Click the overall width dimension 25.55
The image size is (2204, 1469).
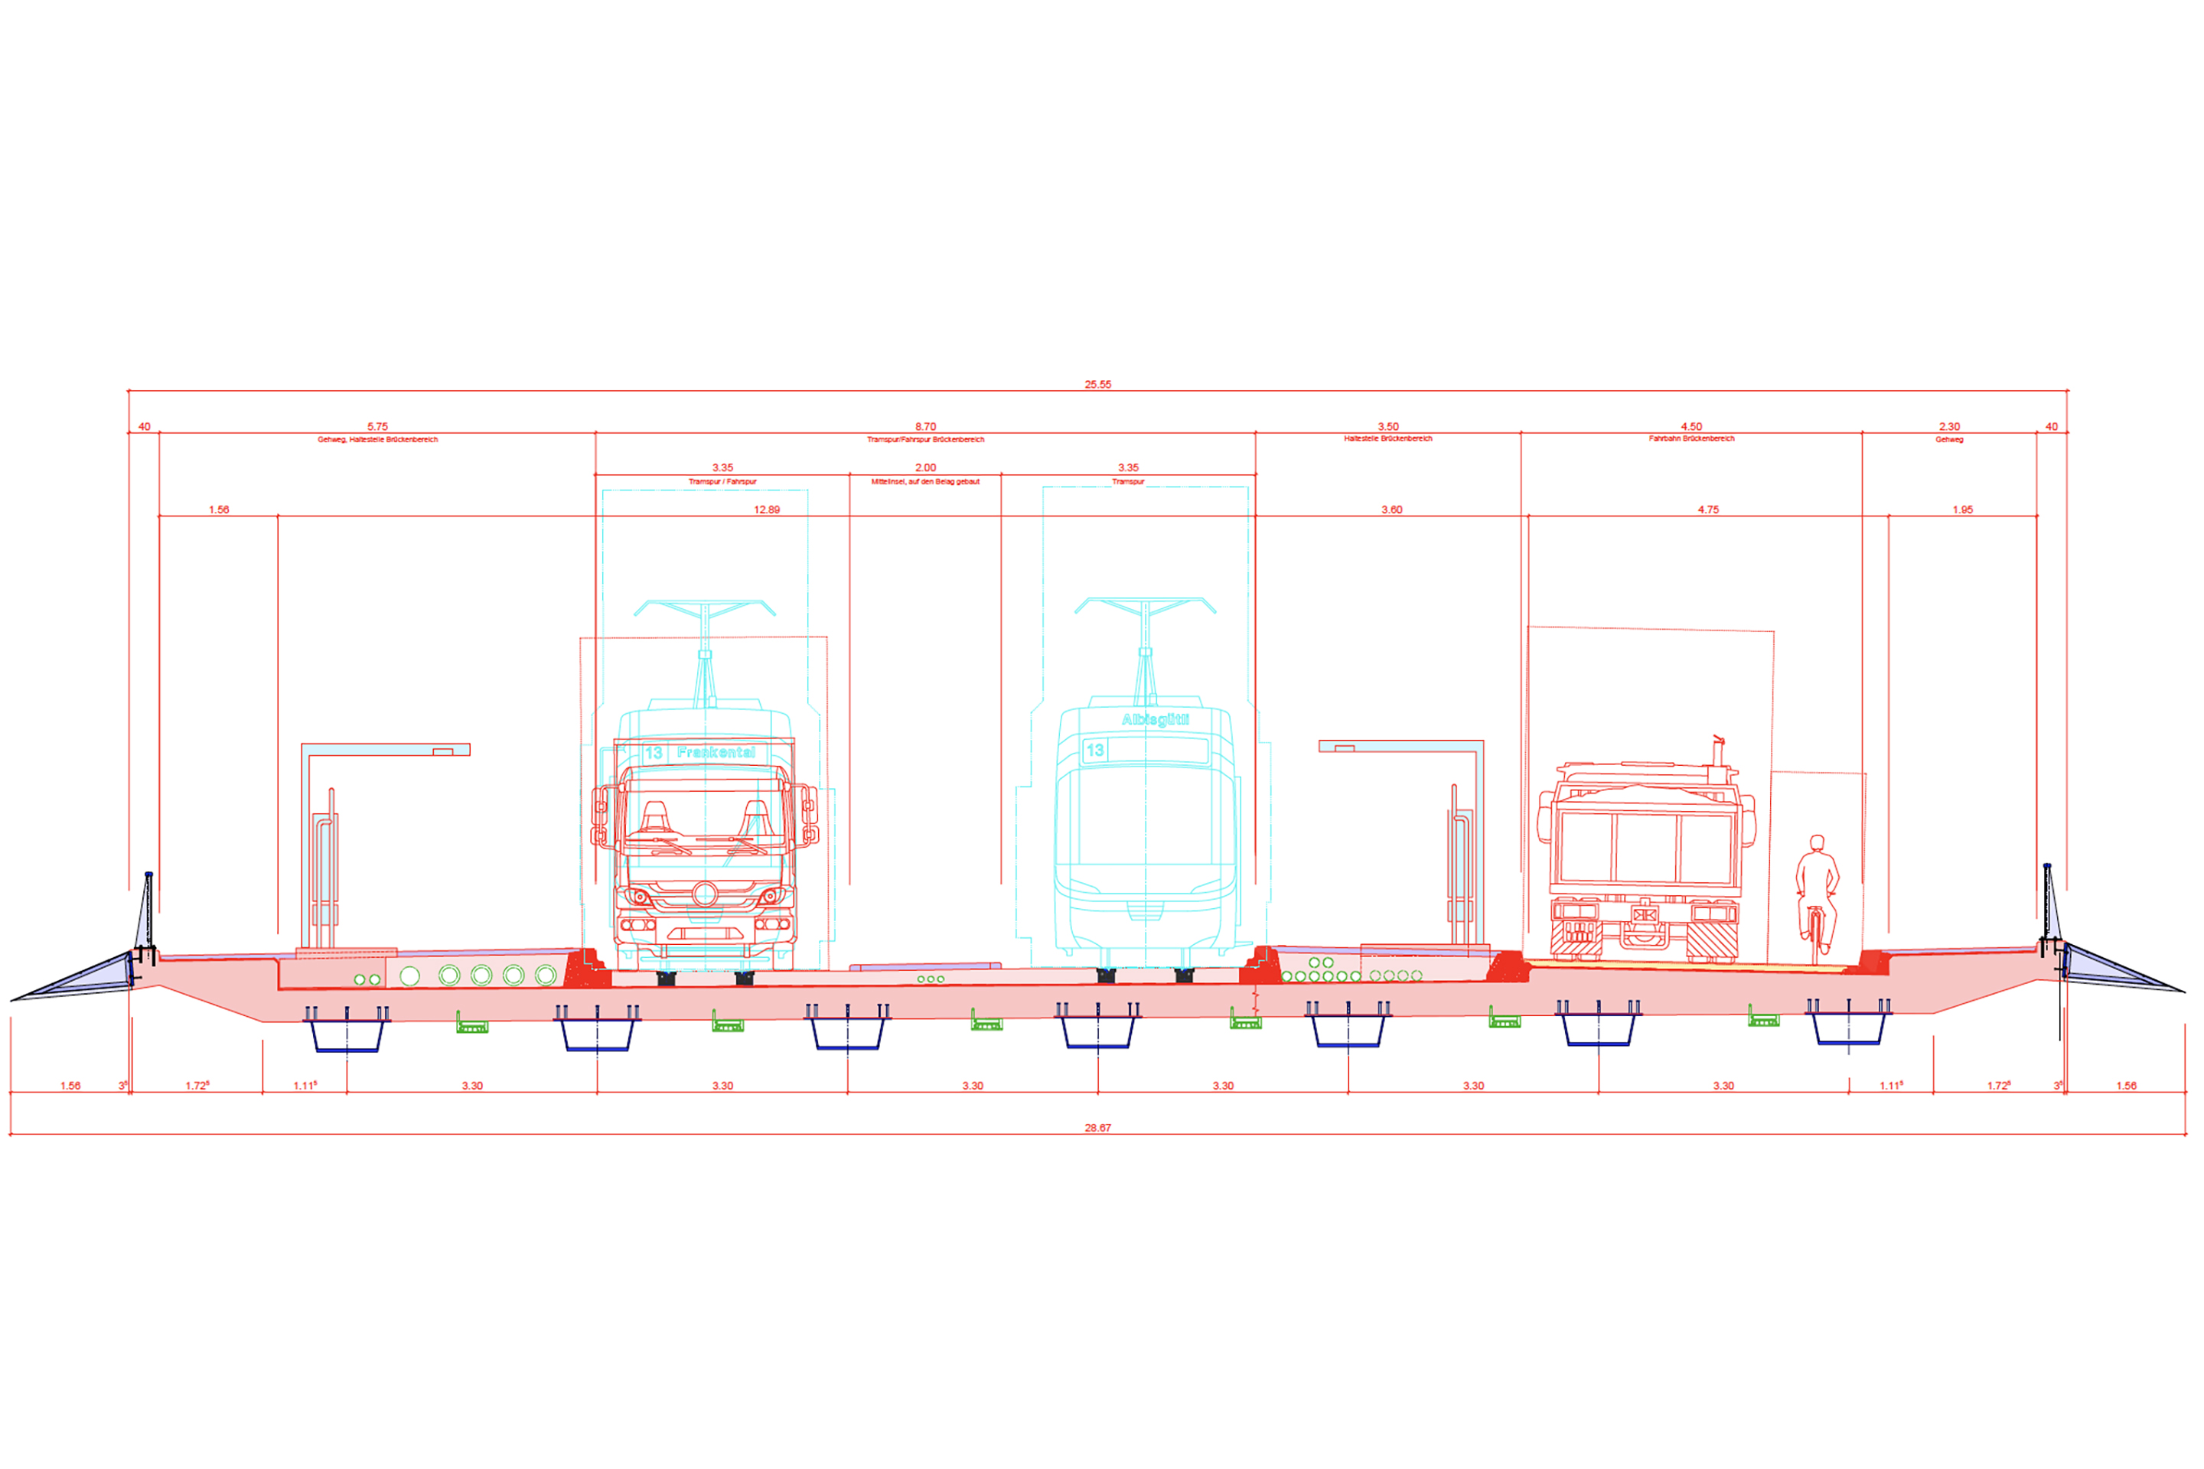tap(1097, 384)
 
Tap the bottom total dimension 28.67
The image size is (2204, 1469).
tap(1097, 1128)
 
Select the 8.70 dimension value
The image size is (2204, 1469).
tap(925, 426)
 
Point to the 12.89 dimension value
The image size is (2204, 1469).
tap(767, 510)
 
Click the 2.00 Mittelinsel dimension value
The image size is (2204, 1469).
tap(925, 467)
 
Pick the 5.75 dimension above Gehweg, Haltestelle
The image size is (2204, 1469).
tap(377, 426)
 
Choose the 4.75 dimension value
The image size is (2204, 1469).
tap(1708, 510)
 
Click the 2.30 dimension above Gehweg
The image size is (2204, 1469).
tap(1949, 426)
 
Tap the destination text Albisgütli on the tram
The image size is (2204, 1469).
tap(1155, 719)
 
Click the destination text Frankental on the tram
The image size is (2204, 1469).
tap(716, 752)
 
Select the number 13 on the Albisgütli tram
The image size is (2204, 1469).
tap(1094, 751)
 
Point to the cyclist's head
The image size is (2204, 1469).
tap(1817, 842)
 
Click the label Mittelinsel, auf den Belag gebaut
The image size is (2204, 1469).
tap(925, 481)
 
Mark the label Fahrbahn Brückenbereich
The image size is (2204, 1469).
tap(1691, 438)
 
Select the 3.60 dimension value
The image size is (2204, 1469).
tap(1391, 510)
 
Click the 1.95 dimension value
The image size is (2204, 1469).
tap(1962, 510)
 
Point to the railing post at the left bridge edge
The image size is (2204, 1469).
tap(148, 914)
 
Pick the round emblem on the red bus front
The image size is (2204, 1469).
tap(705, 894)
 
